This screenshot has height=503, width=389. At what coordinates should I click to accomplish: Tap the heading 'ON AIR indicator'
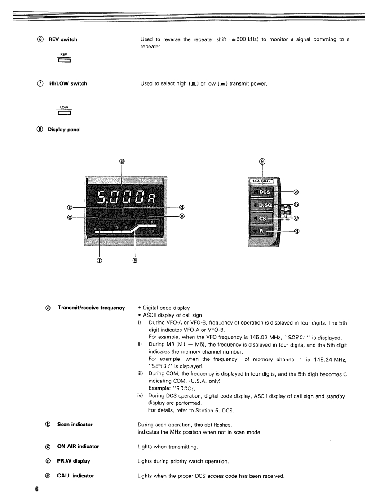[78, 447]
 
